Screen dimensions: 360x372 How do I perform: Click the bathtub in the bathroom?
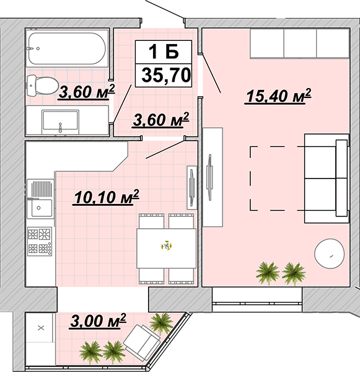(67, 48)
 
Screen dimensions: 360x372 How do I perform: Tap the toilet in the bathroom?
(43, 86)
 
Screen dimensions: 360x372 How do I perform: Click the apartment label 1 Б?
(164, 52)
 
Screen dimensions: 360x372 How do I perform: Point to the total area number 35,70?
(166, 75)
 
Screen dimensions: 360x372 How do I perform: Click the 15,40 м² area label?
(278, 96)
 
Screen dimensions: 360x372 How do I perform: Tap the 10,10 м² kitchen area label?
(106, 197)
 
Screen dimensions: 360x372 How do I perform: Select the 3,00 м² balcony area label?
(98, 321)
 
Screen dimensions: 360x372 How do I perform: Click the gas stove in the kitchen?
(40, 241)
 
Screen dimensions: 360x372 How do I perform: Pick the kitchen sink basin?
(40, 208)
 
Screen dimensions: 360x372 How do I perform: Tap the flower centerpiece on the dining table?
(167, 246)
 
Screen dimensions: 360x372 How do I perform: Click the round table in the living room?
(329, 254)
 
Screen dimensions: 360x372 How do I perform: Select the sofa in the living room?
(327, 178)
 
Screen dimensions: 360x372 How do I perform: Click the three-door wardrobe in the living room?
(300, 43)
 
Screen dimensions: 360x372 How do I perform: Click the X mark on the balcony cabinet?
(41, 328)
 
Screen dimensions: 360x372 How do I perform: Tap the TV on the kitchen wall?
(191, 188)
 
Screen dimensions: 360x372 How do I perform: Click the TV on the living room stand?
(209, 177)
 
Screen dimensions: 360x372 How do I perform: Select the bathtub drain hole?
(38, 48)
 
